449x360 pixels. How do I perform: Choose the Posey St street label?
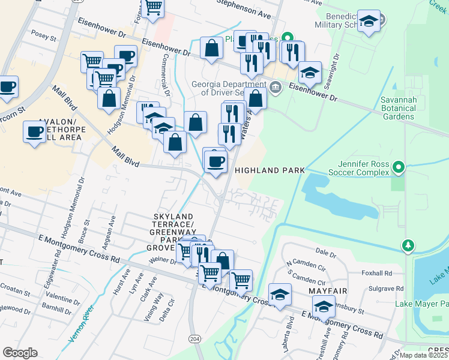pyautogui.click(x=43, y=37)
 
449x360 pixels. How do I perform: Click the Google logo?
pyautogui.click(x=20, y=352)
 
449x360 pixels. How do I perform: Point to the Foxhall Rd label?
pyautogui.click(x=376, y=272)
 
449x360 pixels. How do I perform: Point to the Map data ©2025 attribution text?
pyautogui.click(x=423, y=355)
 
